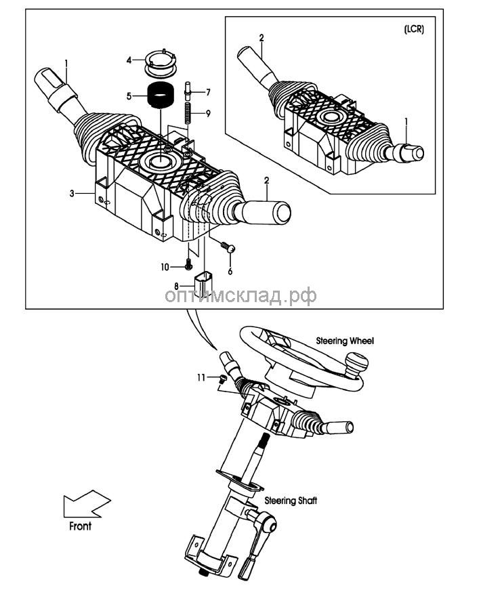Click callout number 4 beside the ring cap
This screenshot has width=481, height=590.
[x=129, y=60]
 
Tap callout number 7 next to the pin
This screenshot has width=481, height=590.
[x=208, y=91]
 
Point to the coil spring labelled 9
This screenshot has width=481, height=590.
[x=191, y=112]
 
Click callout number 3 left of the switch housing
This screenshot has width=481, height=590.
[x=71, y=194]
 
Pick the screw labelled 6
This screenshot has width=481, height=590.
[x=228, y=249]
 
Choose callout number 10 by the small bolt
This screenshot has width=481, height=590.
[x=165, y=267]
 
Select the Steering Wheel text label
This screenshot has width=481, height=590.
[x=345, y=341]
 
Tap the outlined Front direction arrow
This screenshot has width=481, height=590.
[x=84, y=505]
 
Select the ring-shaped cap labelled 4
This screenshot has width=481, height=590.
[x=161, y=60]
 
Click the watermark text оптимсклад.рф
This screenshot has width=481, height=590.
[x=240, y=295]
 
